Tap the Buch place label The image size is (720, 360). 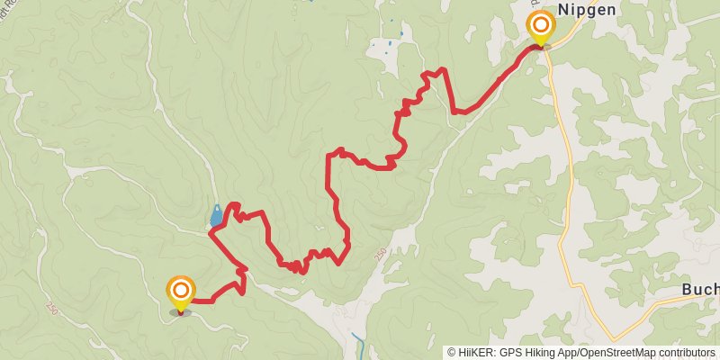(699, 290)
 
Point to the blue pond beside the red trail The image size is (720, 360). (216, 216)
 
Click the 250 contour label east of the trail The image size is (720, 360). (381, 256)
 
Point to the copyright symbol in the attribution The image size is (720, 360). (452, 353)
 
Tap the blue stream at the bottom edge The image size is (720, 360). (359, 345)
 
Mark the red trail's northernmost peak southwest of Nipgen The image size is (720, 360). (440, 69)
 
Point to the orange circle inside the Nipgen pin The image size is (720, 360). (541, 23)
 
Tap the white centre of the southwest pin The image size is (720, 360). (181, 289)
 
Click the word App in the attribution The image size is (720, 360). (566, 353)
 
